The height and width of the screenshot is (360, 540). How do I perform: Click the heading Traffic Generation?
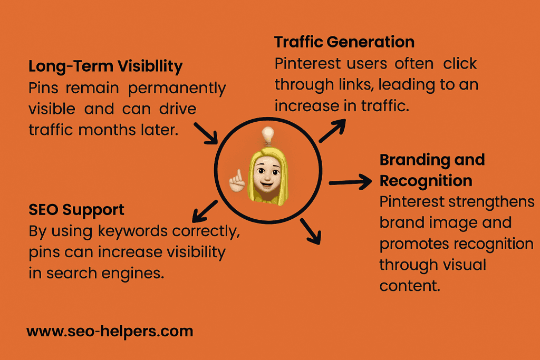coord(344,42)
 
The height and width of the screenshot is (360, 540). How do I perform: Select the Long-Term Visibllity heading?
coord(105,66)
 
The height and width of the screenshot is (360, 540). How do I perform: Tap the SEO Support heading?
coord(76,210)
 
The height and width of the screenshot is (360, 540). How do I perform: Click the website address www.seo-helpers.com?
coord(110,332)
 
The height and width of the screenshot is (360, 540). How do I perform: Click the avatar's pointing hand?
coord(237,181)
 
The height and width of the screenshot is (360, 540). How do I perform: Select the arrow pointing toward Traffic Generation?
coord(332,130)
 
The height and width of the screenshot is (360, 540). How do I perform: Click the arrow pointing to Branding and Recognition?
coord(350,182)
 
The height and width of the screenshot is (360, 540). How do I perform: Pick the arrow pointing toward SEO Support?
coord(205,211)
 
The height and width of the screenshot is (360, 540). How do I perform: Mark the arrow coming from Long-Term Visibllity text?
coord(206,133)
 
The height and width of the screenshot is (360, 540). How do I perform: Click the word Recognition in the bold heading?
coord(426,181)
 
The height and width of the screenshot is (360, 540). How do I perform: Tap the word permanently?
coord(177,89)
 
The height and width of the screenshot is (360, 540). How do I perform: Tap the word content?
coord(410,286)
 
